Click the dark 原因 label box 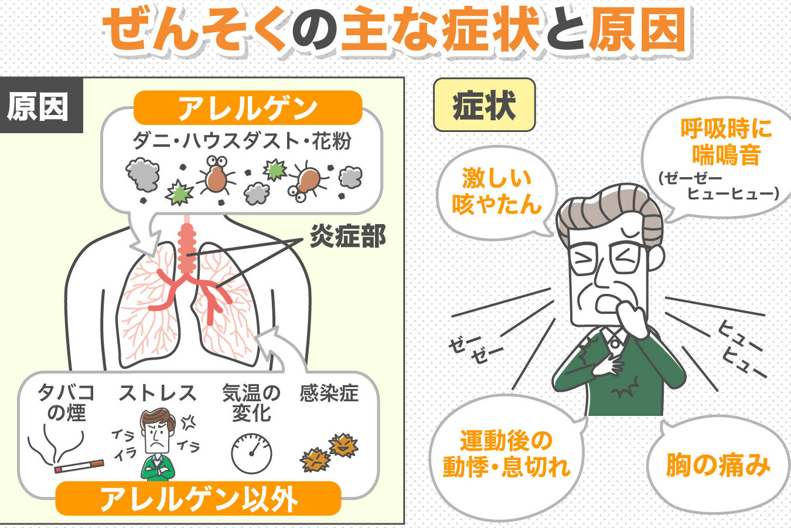[x=42, y=105]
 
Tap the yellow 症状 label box [x=484, y=105]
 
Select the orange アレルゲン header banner [x=248, y=107]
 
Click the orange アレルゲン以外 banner [x=199, y=498]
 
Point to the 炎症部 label [x=347, y=236]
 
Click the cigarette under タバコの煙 [x=79, y=466]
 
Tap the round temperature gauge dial [x=251, y=453]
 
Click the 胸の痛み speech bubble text [x=718, y=465]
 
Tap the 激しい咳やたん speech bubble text [x=497, y=191]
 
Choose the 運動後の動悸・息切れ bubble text [x=506, y=453]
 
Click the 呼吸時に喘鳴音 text [x=727, y=142]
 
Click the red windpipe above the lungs [x=187, y=248]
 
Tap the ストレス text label [x=158, y=393]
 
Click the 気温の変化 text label [x=251, y=403]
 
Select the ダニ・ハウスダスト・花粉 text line [x=242, y=141]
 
